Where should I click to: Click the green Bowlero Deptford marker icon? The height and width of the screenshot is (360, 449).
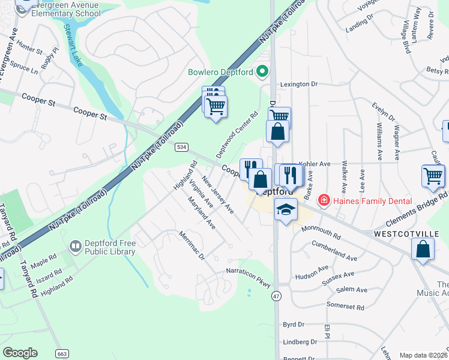[x=262, y=72]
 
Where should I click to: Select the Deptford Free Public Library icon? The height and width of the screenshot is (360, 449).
[x=76, y=246]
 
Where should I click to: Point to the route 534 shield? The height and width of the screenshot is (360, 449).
[x=181, y=147]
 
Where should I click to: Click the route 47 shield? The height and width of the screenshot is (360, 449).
[x=276, y=296]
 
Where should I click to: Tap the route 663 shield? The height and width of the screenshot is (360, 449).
[x=61, y=354]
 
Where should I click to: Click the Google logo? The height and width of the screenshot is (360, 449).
[x=20, y=353]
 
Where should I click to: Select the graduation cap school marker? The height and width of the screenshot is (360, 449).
[x=286, y=210]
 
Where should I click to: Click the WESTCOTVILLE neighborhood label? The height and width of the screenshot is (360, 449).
[x=400, y=233]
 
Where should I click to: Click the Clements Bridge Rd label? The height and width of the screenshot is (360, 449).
[x=415, y=206]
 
